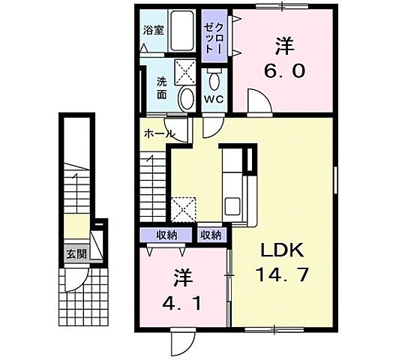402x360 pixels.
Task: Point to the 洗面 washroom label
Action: click(x=163, y=90)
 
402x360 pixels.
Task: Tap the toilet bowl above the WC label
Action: click(x=214, y=80)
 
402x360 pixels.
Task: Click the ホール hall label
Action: click(x=159, y=133)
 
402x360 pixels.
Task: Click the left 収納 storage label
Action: click(x=166, y=235)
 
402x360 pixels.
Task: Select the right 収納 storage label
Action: click(x=211, y=235)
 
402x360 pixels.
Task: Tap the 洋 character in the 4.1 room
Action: click(x=182, y=277)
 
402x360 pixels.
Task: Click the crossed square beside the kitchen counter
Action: click(x=183, y=208)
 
